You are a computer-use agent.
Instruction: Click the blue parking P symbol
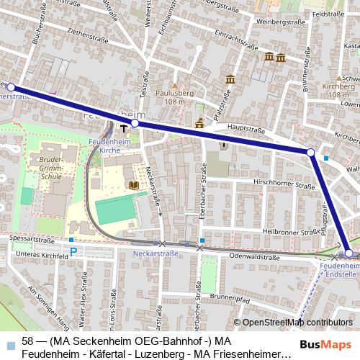73,252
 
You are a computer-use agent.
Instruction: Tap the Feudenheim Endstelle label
336,269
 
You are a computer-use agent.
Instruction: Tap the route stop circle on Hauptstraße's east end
310,153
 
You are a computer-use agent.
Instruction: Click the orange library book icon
133,186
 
